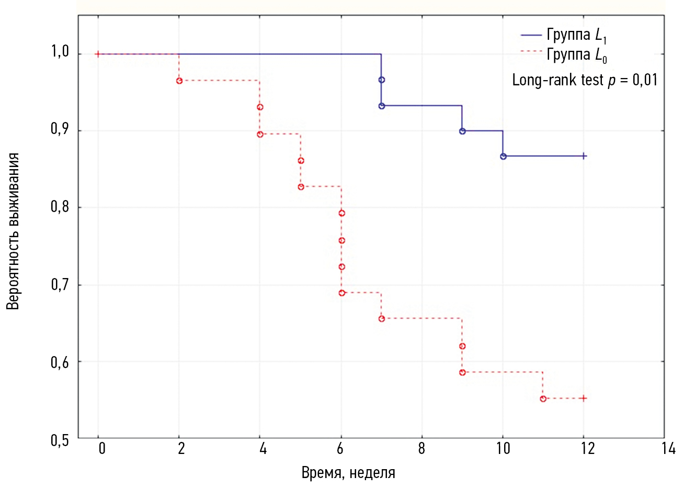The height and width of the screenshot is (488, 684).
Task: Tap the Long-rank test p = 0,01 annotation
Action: tap(584, 80)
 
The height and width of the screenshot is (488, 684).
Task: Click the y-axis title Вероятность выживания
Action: tap(13, 231)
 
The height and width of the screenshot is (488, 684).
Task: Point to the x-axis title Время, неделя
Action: tap(348, 473)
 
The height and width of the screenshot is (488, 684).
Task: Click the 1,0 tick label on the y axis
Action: tap(60, 52)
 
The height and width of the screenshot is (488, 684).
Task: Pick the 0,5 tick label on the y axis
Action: tap(60, 440)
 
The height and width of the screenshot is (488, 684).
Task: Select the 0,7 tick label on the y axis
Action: tap(60, 285)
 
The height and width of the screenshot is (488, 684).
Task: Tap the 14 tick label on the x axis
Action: tap(668, 449)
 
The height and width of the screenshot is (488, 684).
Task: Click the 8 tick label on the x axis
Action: tap(421, 449)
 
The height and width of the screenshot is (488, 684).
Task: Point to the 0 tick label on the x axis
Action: tap(102, 449)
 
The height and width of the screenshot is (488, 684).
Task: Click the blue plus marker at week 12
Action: tap(584, 156)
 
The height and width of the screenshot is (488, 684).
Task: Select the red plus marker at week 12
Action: tap(584, 398)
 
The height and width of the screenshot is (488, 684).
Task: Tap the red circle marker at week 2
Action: tap(179, 81)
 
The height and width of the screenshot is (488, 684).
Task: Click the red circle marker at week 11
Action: tap(543, 399)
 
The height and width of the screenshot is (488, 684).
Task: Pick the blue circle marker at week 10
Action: tap(503, 157)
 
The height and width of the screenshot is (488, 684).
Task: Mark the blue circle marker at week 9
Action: tap(462, 131)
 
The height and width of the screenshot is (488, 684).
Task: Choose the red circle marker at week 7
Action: tap(382, 319)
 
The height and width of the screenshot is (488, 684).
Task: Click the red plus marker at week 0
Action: tap(98, 54)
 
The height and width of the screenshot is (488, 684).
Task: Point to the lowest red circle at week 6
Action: tap(342, 293)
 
